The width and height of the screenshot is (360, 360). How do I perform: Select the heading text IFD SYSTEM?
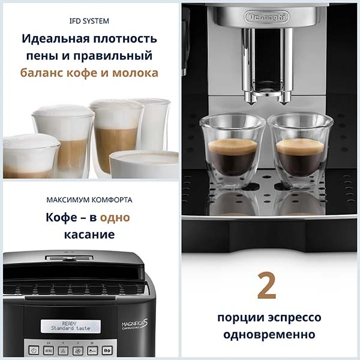(x=89, y=21)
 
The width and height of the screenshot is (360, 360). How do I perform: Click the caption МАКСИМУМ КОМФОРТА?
(x=89, y=200)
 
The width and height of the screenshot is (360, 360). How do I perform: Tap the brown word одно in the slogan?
(x=115, y=217)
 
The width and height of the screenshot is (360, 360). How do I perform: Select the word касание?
(x=89, y=234)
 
